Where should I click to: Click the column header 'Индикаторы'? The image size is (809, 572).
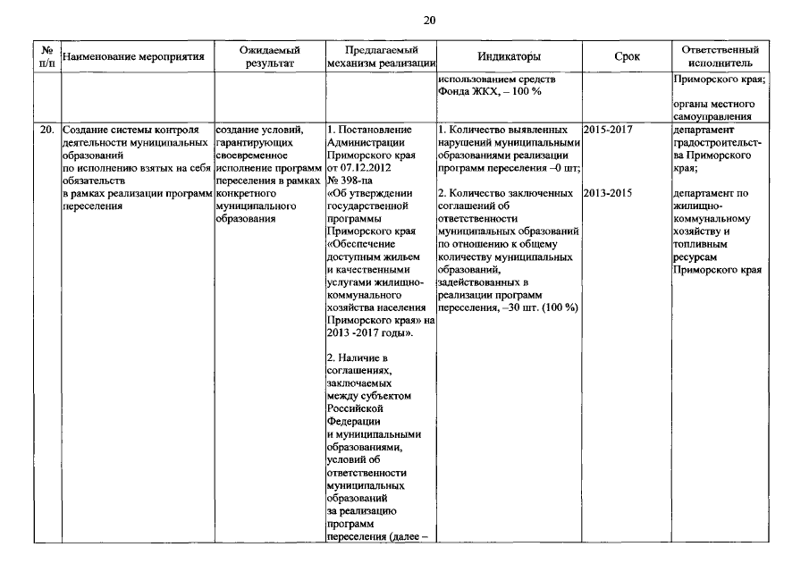pyautogui.click(x=509, y=56)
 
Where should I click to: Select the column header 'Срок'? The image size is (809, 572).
pyautogui.click(x=627, y=56)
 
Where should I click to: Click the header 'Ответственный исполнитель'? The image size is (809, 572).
pyautogui.click(x=720, y=56)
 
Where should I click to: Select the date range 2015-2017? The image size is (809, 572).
pyautogui.click(x=608, y=130)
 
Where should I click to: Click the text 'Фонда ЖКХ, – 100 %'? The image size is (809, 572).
pyautogui.click(x=490, y=91)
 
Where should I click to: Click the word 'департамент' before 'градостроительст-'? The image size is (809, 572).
pyautogui.click(x=703, y=130)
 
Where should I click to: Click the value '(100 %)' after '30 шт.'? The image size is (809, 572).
pyautogui.click(x=557, y=307)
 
